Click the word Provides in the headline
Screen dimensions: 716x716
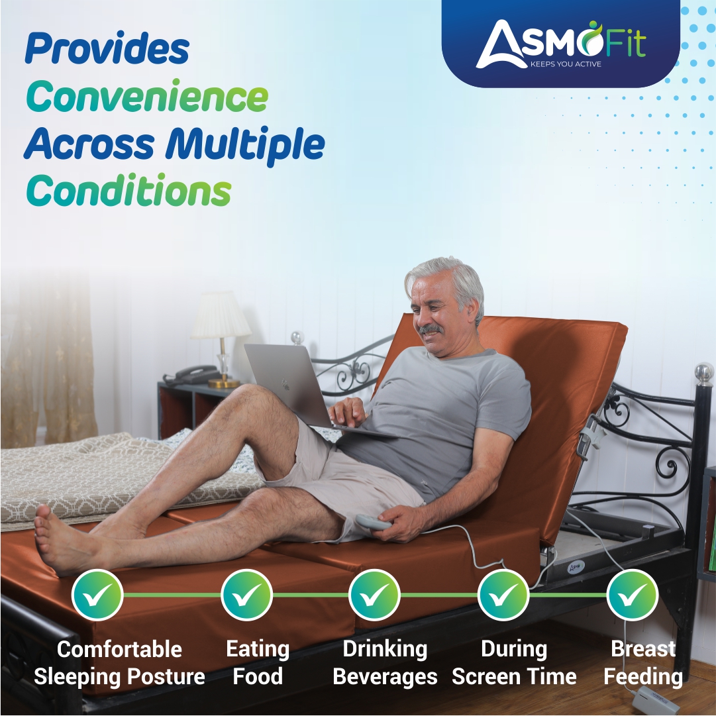click(x=107, y=50)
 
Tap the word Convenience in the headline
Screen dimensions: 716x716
click(x=146, y=97)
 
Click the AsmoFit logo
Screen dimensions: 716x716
click(x=560, y=43)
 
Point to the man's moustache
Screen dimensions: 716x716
click(x=431, y=329)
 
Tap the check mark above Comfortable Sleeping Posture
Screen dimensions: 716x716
click(x=98, y=594)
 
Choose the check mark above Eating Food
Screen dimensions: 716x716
click(x=246, y=594)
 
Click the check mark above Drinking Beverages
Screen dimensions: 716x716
click(x=374, y=594)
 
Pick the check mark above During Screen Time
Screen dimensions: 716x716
click(x=503, y=594)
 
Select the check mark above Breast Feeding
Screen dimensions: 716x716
click(x=632, y=594)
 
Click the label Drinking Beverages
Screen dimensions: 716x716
click(x=384, y=662)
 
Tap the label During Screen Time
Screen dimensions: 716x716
click(x=514, y=662)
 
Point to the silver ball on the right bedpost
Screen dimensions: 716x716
click(x=704, y=372)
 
